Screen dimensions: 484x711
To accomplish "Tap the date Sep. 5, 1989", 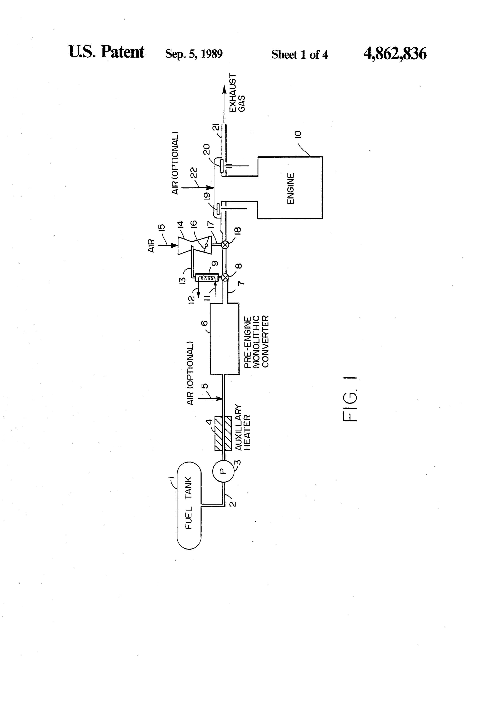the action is [194, 54].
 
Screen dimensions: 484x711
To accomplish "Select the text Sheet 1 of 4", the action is [300, 55].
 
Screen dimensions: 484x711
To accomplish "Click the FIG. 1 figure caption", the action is [350, 399].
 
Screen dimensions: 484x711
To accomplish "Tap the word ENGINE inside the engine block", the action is [291, 188].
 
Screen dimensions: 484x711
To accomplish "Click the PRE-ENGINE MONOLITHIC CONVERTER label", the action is [256, 342].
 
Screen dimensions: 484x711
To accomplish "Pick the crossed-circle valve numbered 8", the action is [225, 277].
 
